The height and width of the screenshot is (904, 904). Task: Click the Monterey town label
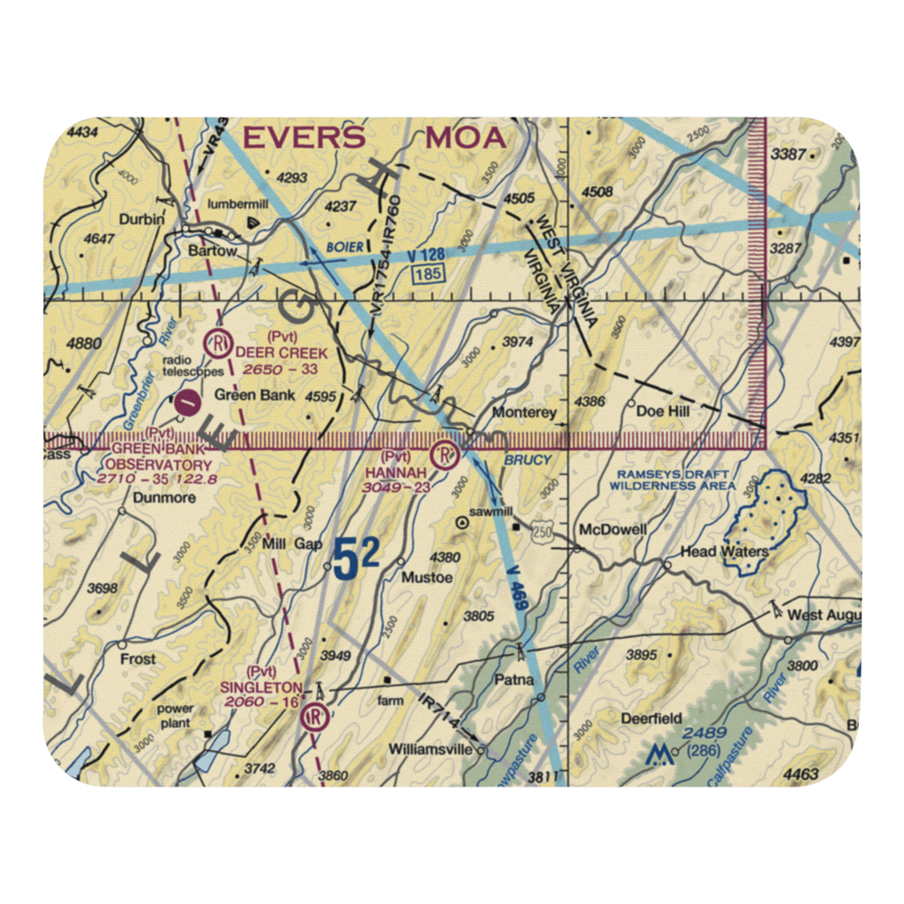coord(524,412)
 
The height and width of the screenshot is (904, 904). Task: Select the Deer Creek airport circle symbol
coord(217,343)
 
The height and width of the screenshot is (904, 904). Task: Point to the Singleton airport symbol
coord(315,717)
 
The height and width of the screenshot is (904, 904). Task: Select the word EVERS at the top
coord(304,138)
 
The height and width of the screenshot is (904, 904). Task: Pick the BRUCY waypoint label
coord(528,459)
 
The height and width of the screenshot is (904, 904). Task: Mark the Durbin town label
coord(146,220)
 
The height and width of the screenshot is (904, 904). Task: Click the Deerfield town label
coord(651,719)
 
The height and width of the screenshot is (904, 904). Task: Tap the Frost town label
coord(137,659)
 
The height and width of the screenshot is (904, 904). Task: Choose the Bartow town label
coord(212,251)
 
